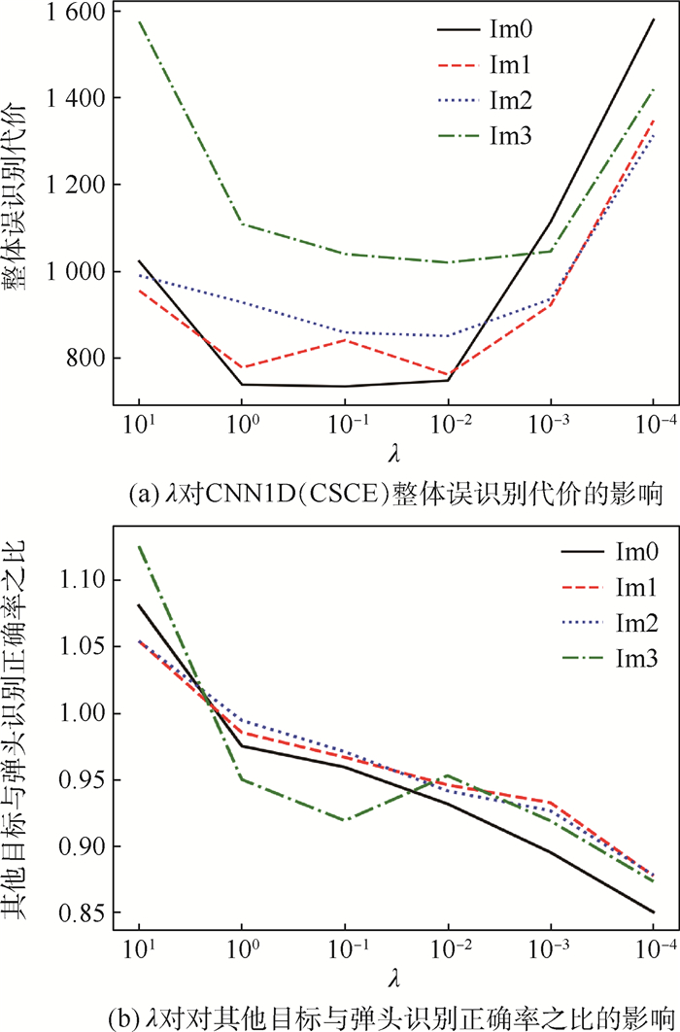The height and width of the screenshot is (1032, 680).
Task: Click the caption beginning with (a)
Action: pos(394,497)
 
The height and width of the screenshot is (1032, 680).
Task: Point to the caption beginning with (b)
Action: pos(394,1015)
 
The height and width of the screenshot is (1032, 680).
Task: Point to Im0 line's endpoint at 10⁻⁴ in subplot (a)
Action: pos(654,19)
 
